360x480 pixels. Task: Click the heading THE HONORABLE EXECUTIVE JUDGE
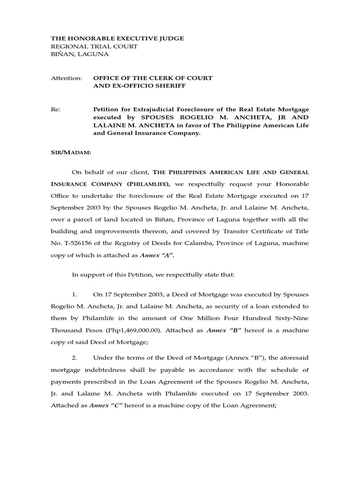[x=117, y=38]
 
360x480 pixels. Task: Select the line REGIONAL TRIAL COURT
[x=94, y=46]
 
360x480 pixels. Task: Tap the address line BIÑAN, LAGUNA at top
[x=79, y=54]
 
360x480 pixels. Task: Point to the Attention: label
[x=66, y=78]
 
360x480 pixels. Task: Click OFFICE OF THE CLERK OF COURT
[x=153, y=78]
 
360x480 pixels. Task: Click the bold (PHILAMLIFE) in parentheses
[x=147, y=184]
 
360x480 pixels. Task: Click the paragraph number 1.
[x=75, y=295]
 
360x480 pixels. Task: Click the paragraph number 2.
[x=75, y=358]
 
